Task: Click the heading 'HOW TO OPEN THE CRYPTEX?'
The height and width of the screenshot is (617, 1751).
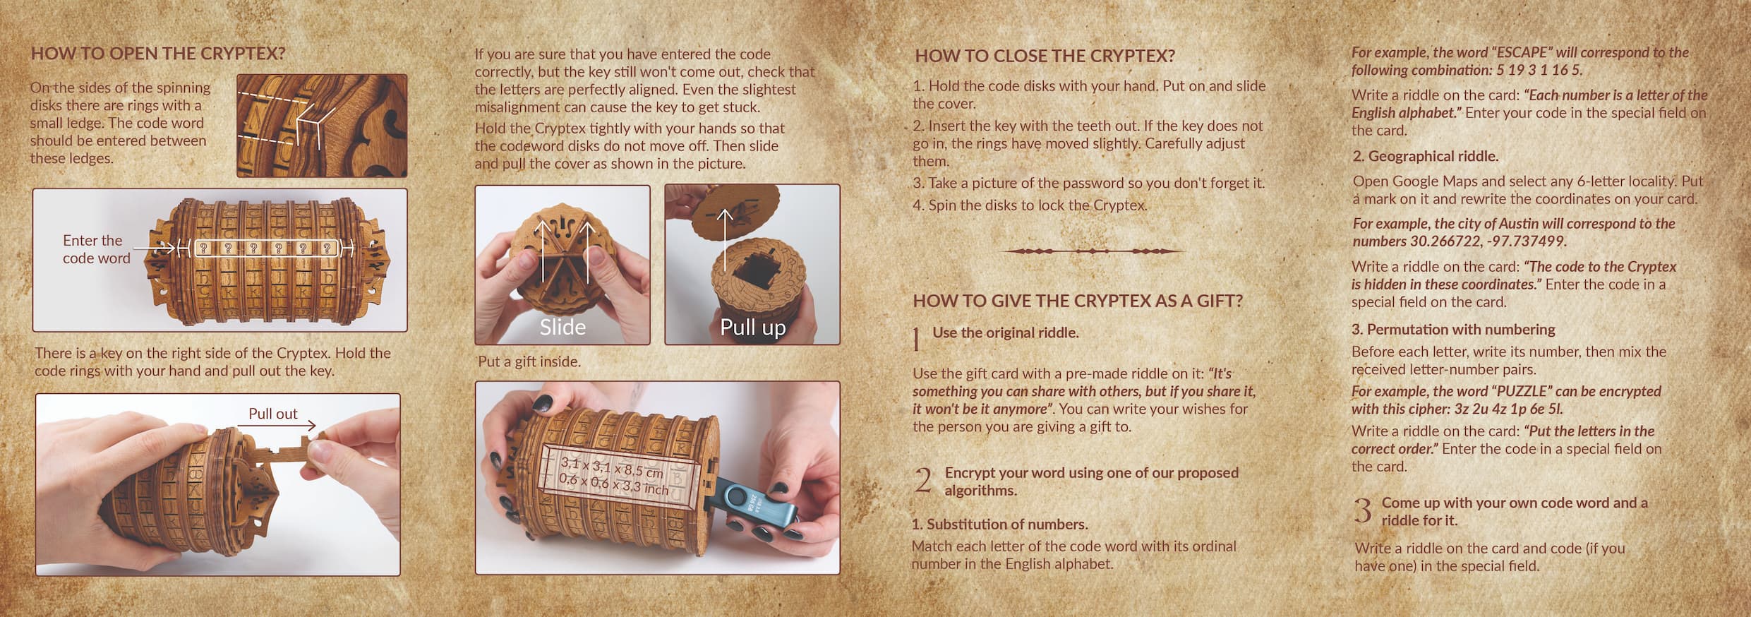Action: pyautogui.click(x=158, y=54)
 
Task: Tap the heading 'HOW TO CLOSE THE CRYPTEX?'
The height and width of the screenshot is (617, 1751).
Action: pyautogui.click(x=1045, y=56)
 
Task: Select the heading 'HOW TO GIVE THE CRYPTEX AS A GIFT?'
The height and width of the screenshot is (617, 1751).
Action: pyautogui.click(x=1078, y=301)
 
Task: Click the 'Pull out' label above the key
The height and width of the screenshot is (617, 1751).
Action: pyautogui.click(x=272, y=414)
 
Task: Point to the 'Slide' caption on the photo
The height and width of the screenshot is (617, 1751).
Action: pyautogui.click(x=562, y=327)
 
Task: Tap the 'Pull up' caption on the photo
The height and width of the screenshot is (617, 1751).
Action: pyautogui.click(x=752, y=328)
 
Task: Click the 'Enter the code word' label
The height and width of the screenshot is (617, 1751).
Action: pyautogui.click(x=97, y=249)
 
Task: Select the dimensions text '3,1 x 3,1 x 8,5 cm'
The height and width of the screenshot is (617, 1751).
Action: pyautogui.click(x=612, y=468)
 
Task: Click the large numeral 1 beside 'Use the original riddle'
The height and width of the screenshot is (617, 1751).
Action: pyautogui.click(x=917, y=340)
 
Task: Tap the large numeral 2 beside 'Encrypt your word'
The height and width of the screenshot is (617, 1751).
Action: pyautogui.click(x=922, y=480)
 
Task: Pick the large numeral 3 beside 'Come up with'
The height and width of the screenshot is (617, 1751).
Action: pyautogui.click(x=1363, y=510)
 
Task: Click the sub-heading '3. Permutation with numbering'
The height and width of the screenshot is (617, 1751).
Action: pyautogui.click(x=1453, y=330)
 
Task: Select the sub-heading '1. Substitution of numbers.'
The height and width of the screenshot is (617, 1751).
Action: pyautogui.click(x=999, y=525)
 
